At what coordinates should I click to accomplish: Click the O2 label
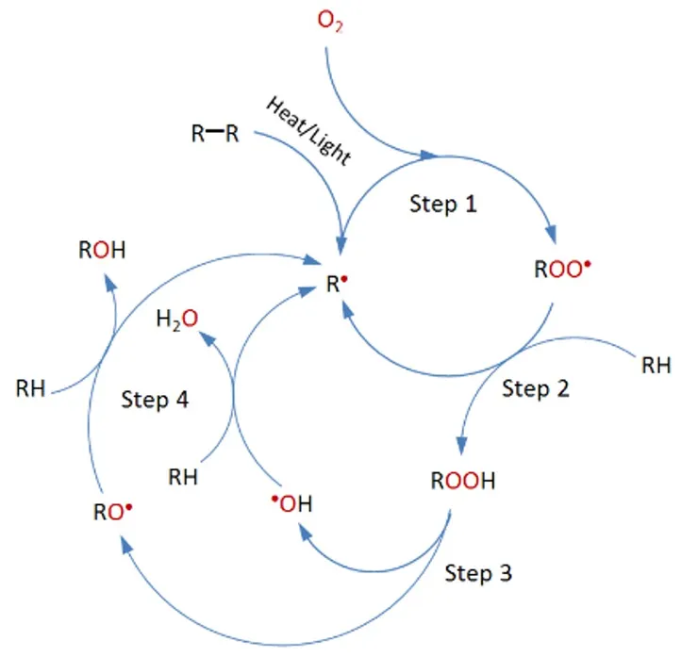(x=330, y=22)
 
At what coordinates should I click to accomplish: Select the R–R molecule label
(x=215, y=134)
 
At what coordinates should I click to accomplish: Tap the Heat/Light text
(x=308, y=130)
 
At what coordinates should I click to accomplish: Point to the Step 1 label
(x=443, y=204)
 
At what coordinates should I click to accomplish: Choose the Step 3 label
(x=479, y=573)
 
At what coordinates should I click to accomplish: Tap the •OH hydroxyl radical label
(x=291, y=504)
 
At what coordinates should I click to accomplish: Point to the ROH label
(x=102, y=251)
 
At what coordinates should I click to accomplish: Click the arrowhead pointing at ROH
(x=106, y=276)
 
